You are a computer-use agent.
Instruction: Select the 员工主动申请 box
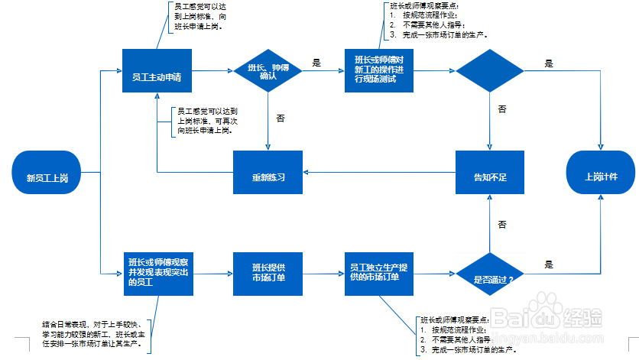156,71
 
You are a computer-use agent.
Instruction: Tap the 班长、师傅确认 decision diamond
268,71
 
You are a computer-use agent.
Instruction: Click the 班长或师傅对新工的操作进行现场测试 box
379,71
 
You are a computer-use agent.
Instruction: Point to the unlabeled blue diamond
490,71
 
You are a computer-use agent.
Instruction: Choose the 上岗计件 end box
601,177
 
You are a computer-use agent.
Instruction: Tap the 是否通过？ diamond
490,279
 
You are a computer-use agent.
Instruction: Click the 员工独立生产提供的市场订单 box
379,273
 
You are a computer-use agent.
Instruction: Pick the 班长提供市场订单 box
268,273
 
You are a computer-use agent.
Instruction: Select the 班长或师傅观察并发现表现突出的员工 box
156,273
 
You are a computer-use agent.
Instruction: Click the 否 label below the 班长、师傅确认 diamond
280,118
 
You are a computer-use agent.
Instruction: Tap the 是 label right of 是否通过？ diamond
548,264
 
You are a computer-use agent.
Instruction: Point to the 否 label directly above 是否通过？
502,225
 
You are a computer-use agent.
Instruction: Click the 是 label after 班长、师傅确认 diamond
316,61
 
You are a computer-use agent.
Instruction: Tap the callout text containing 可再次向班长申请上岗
204,121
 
